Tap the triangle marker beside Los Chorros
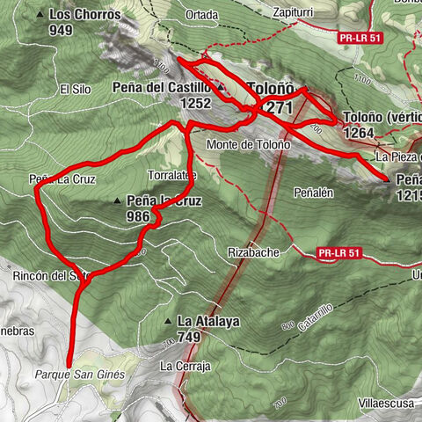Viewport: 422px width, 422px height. point(42,15)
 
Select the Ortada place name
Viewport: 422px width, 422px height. point(201,15)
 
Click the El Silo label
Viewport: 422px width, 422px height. point(75,89)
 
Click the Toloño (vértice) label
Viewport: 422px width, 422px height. point(379,117)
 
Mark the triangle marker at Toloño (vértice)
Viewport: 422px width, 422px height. point(338,117)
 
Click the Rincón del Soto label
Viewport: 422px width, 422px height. point(52,275)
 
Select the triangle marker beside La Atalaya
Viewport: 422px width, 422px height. point(168,321)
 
